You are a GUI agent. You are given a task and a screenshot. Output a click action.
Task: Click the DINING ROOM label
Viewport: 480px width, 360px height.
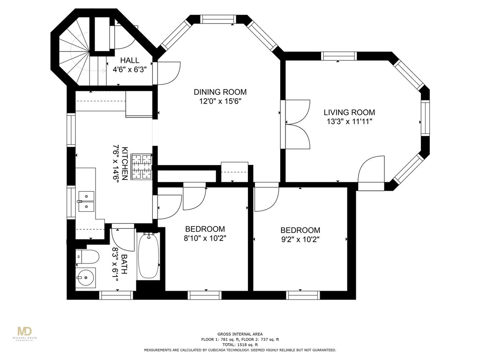point(220,92)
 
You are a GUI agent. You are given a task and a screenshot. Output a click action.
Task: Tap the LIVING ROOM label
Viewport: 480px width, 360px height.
point(349,112)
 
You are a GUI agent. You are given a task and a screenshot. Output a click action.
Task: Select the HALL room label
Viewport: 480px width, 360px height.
point(130,60)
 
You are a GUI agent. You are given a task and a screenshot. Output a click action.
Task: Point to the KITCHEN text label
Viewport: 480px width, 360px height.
point(125,164)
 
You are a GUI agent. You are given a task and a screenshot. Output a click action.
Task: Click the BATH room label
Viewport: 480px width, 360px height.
point(125,264)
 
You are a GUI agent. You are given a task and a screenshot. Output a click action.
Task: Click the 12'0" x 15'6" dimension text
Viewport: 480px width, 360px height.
point(220,101)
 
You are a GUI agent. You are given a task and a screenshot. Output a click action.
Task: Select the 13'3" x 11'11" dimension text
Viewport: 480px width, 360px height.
point(349,121)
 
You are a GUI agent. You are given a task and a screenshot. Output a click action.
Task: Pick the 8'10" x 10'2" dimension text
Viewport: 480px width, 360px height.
point(205,238)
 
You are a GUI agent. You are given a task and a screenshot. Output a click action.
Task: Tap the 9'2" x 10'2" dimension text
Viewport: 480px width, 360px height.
point(300,239)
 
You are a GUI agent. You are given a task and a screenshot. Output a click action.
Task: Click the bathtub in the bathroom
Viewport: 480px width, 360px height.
point(149,256)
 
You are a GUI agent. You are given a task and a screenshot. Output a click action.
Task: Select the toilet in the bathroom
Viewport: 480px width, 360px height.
point(87,256)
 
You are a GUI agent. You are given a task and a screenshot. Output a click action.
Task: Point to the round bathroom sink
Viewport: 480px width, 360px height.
point(86,277)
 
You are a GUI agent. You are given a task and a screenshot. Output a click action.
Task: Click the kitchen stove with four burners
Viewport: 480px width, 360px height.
point(142,166)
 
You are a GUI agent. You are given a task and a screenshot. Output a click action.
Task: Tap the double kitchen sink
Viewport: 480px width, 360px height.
point(86,202)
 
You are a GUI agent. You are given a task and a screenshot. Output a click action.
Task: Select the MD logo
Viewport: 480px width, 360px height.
point(24,331)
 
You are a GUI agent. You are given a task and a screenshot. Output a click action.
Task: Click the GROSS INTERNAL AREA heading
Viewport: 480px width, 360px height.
point(240,334)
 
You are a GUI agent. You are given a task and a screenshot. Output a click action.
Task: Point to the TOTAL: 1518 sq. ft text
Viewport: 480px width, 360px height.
point(240,345)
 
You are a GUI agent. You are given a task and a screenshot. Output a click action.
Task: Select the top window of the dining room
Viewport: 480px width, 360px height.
point(218,19)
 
